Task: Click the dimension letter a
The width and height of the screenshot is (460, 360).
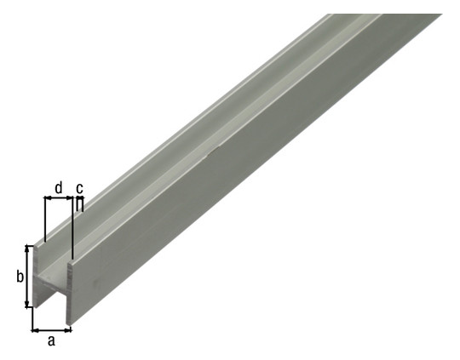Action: click(51, 341)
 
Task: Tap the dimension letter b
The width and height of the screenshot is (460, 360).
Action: click(20, 277)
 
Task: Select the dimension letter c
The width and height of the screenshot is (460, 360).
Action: click(79, 187)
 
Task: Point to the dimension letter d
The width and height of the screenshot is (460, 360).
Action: click(59, 187)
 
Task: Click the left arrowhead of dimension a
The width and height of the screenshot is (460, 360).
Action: click(35, 331)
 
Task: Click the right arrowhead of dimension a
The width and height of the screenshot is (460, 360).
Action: click(68, 331)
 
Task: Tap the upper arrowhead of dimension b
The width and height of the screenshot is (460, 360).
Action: click(28, 248)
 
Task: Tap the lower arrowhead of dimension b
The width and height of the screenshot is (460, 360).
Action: click(28, 304)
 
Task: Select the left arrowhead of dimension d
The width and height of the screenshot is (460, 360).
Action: click(48, 198)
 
